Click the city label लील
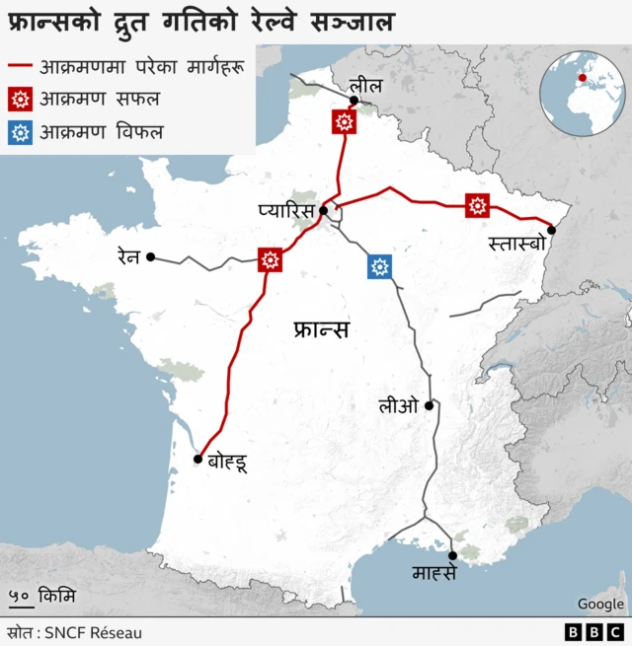[x=366, y=87]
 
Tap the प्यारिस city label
[x=285, y=210]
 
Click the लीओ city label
[x=399, y=404]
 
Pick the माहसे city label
[x=434, y=572]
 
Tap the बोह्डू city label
[x=227, y=460]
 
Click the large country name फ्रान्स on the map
[x=322, y=329]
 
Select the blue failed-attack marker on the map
[x=379, y=266]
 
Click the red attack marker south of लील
[x=344, y=121]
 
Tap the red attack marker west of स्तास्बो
[x=478, y=205]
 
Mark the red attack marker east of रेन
[x=270, y=259]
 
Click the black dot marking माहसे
[x=452, y=555]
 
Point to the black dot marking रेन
[x=151, y=256]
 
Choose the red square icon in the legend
[x=20, y=99]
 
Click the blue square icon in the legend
[x=20, y=131]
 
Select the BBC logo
[x=594, y=632]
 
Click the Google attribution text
[x=600, y=604]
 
